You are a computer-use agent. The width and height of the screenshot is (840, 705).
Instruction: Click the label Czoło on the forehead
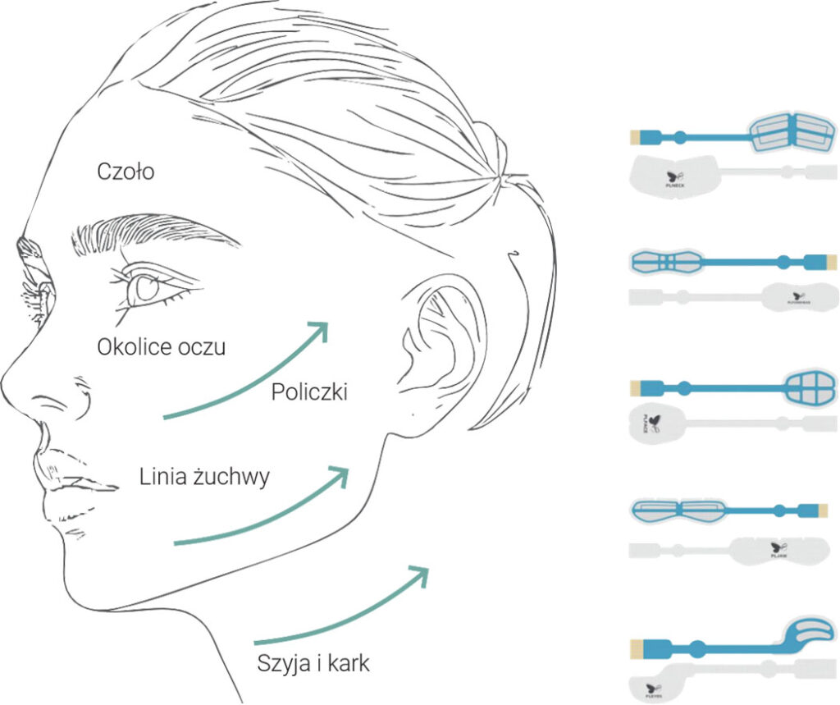click(126, 172)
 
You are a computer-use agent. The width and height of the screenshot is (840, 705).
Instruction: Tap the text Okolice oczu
click(161, 346)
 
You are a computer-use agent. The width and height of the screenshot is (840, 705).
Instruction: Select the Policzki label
click(309, 392)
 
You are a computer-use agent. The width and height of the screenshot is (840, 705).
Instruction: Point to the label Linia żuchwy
click(203, 476)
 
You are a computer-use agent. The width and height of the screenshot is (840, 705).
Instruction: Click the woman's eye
click(148, 287)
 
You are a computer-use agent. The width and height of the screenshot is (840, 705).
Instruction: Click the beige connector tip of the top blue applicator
click(635, 135)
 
